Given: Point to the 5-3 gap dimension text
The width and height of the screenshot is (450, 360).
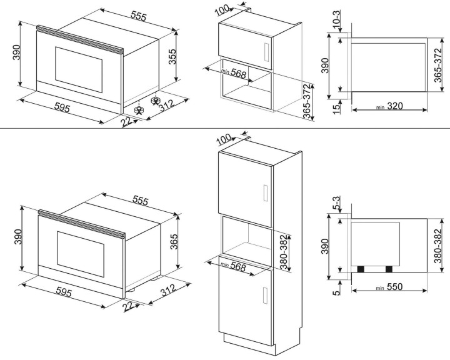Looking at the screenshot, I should [x=336, y=204].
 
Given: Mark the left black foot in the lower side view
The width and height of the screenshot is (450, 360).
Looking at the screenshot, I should [x=361, y=269].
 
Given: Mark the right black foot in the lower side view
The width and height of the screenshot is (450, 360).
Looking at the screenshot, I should [x=389, y=269].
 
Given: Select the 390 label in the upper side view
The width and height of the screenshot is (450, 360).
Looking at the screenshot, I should [x=325, y=65].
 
